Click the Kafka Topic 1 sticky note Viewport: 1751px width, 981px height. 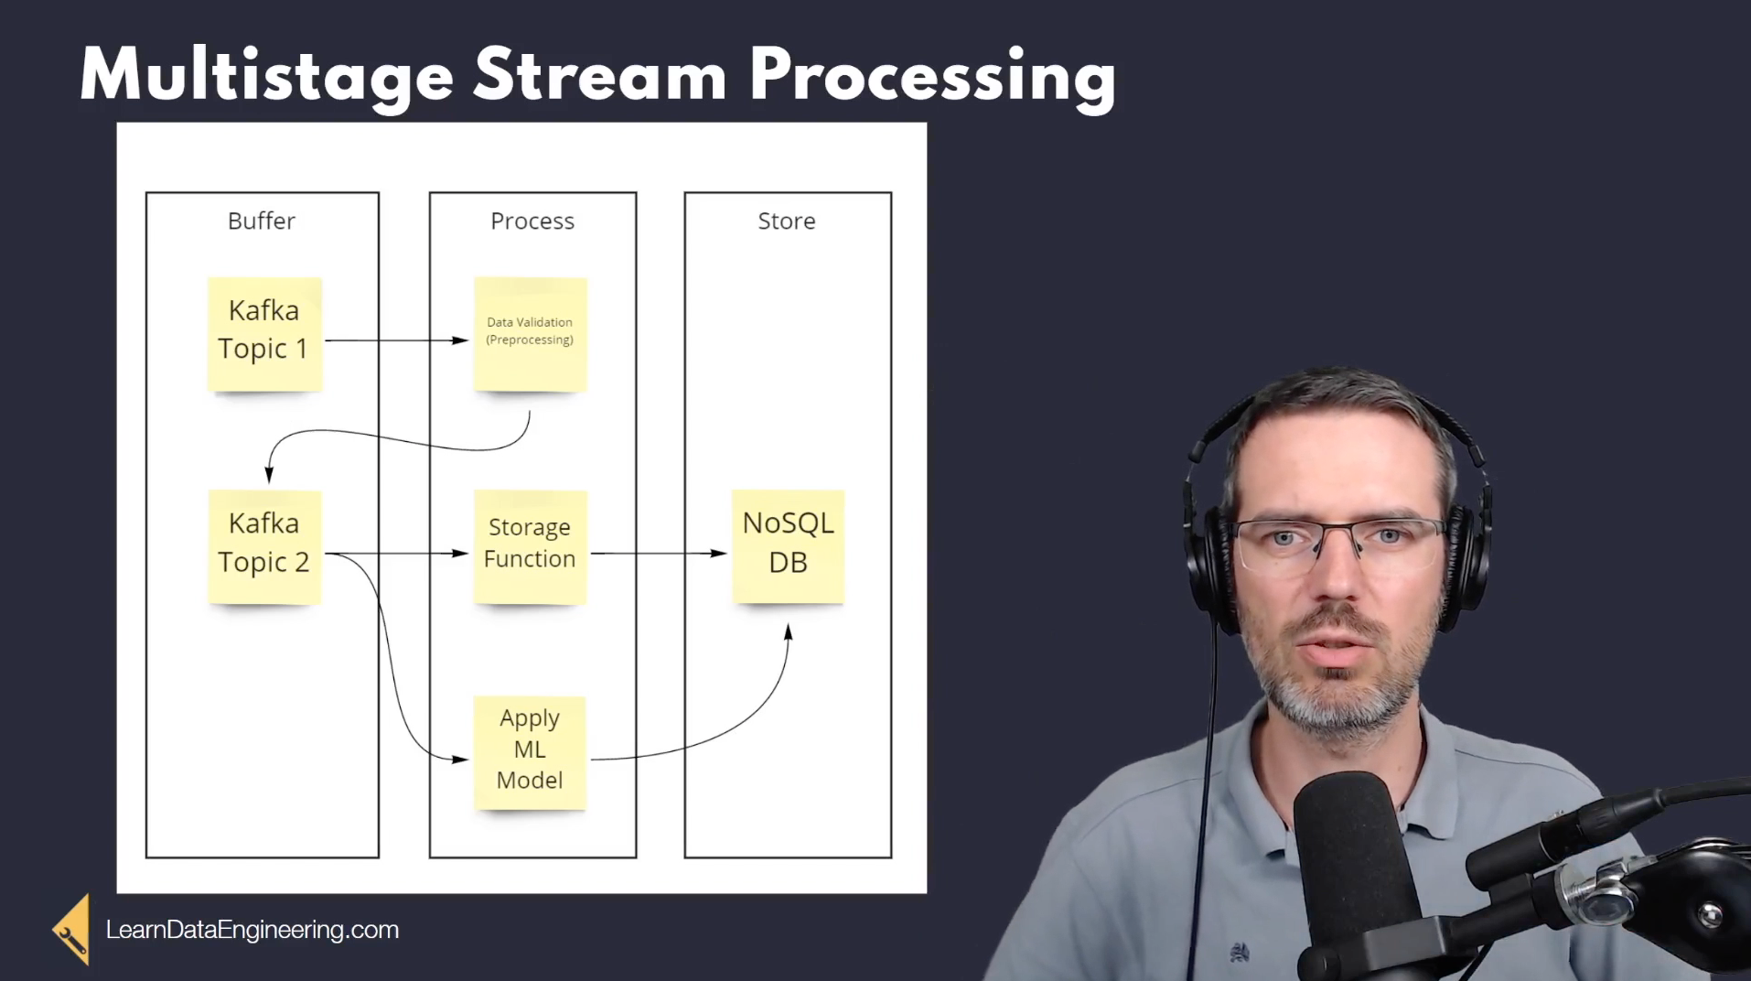point(264,335)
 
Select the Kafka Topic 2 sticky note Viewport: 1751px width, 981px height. point(264,547)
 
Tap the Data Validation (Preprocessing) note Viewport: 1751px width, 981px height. point(531,335)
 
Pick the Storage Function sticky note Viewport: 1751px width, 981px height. point(531,547)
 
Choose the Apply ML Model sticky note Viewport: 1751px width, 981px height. point(530,753)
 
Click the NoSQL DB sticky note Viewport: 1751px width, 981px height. point(788,547)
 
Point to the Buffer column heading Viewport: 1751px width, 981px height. point(262,221)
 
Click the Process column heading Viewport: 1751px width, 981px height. point(532,221)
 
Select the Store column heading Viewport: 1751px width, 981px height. point(787,221)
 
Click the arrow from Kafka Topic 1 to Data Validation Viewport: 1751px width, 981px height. point(397,340)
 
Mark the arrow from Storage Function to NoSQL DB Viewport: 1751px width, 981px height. point(659,553)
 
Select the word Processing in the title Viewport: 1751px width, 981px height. point(932,77)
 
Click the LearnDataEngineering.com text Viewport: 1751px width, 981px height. point(252,930)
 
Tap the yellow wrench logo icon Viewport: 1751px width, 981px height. point(71,930)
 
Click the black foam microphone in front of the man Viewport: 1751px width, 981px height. point(1351,874)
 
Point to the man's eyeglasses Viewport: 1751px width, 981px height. point(1341,545)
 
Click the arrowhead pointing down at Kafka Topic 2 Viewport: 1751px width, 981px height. point(269,474)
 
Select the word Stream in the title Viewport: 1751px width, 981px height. point(600,77)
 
